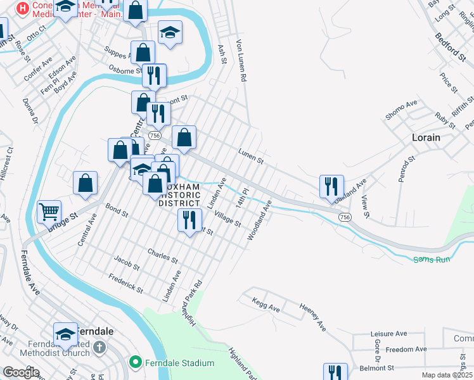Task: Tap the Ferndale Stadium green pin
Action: (134, 363)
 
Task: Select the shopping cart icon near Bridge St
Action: (49, 212)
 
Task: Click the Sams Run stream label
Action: (430, 260)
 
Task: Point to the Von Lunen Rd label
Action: (241, 61)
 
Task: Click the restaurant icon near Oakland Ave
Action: (331, 186)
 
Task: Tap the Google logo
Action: (22, 373)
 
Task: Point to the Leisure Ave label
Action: (388, 334)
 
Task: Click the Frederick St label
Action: (125, 282)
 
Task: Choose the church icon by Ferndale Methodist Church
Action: (99, 347)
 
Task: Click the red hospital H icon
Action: (22, 9)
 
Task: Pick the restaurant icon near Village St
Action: (188, 220)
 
